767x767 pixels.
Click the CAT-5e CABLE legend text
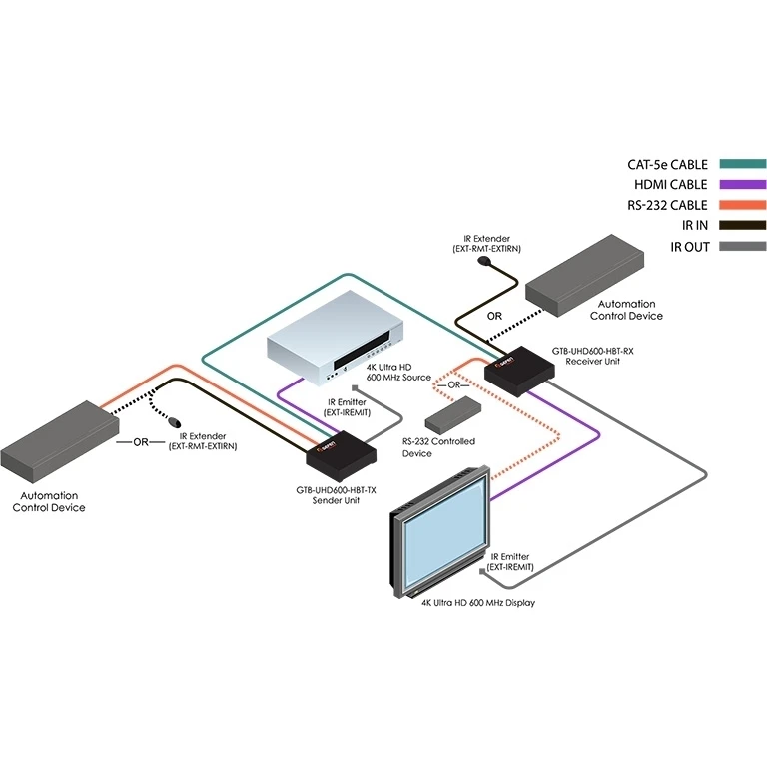(667, 164)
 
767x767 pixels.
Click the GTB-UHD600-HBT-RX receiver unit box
(518, 371)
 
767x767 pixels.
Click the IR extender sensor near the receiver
(487, 263)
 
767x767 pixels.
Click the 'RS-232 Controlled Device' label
(438, 447)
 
